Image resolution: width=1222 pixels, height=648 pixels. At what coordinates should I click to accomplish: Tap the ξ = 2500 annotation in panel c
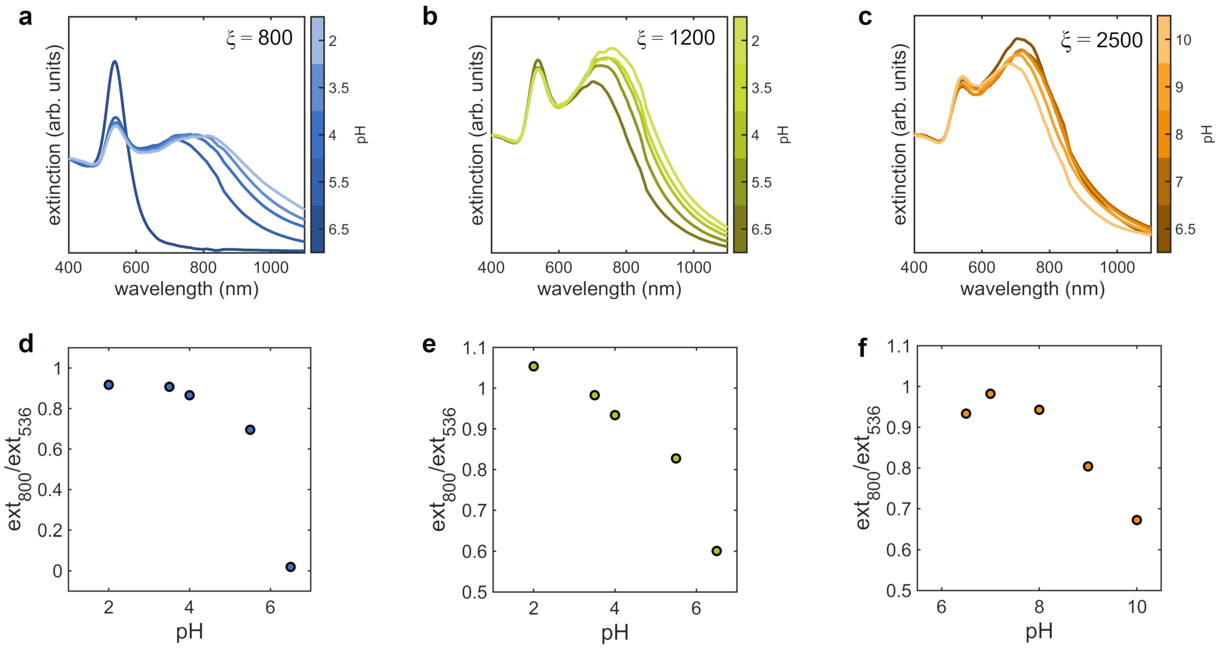pyautogui.click(x=1102, y=40)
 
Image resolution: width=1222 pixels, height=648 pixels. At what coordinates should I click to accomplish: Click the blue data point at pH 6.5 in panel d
pyautogui.click(x=291, y=567)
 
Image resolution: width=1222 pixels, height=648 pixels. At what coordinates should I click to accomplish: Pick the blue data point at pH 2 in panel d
pyautogui.click(x=109, y=384)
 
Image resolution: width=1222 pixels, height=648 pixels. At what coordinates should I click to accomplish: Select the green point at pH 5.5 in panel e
pyautogui.click(x=676, y=458)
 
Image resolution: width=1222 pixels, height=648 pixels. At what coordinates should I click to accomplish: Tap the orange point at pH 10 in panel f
pyautogui.click(x=1137, y=520)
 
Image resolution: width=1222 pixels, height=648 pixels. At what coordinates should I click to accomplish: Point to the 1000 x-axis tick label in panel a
pyautogui.click(x=271, y=268)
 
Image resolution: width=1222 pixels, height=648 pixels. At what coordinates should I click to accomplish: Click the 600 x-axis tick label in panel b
pyautogui.click(x=558, y=268)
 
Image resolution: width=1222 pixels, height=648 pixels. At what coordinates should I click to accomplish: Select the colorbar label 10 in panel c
pyautogui.click(x=1183, y=40)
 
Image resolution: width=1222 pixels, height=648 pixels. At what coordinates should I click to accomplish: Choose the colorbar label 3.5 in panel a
pyautogui.click(x=339, y=88)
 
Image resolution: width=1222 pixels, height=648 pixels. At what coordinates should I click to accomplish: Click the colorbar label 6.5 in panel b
pyautogui.click(x=762, y=230)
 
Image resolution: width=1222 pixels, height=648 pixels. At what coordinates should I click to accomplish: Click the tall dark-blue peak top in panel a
pyautogui.click(x=114, y=62)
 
